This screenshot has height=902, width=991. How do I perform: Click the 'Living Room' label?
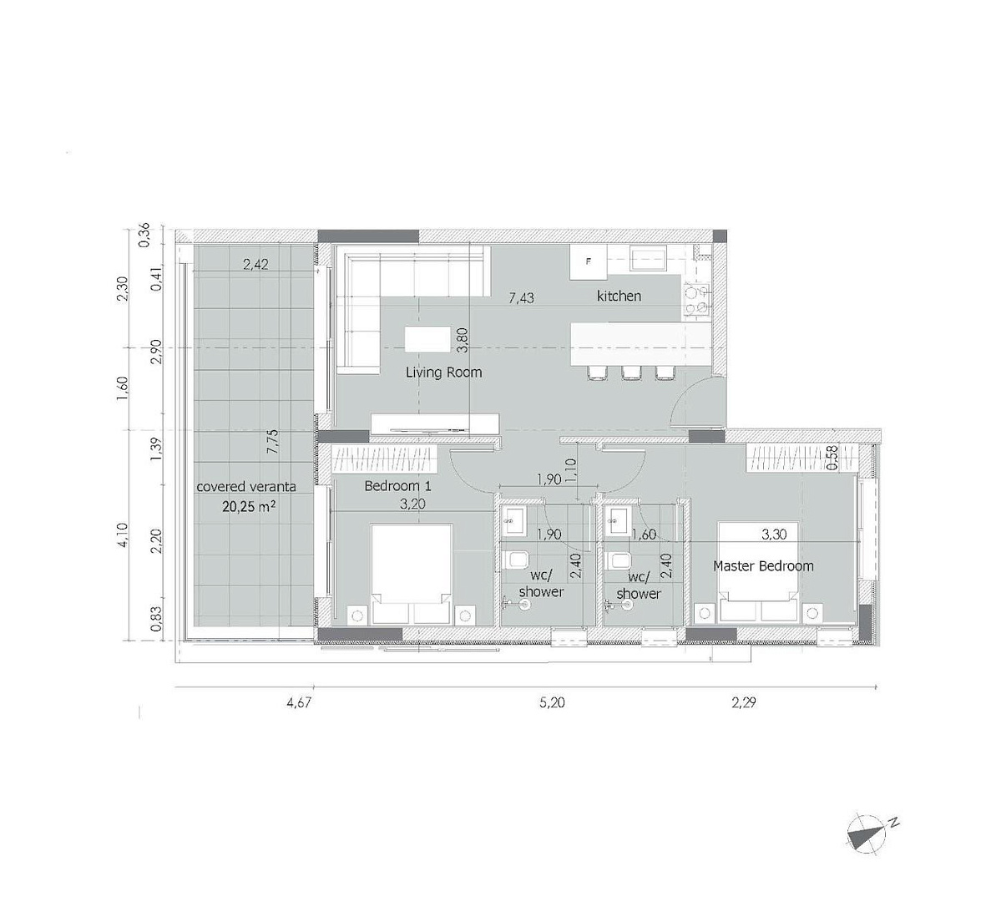[x=443, y=372]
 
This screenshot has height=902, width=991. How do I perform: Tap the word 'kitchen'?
[x=619, y=296]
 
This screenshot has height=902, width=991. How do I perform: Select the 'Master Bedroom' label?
[x=763, y=565]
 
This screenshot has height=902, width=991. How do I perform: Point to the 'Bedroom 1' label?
[x=397, y=486]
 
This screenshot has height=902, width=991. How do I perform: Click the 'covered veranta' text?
[x=245, y=487]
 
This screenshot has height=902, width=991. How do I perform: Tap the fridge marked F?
[x=589, y=261]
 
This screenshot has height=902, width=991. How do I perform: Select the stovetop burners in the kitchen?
[x=695, y=300]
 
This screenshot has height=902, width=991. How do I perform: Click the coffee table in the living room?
[x=427, y=339]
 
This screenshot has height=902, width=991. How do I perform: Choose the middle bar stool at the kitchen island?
[x=631, y=373]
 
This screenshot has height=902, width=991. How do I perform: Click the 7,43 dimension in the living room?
[x=522, y=297]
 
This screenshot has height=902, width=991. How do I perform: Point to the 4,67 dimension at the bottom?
[x=299, y=702]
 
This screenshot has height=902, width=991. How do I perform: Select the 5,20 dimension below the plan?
[x=552, y=702]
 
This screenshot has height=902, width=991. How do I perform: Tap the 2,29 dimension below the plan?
[x=743, y=702]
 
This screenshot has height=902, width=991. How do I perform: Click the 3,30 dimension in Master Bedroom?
[x=774, y=535]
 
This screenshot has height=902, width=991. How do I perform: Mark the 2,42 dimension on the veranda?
[x=256, y=264]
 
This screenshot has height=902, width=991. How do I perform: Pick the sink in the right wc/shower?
[x=614, y=520]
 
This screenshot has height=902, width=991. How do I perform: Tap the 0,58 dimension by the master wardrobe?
[x=832, y=459]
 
